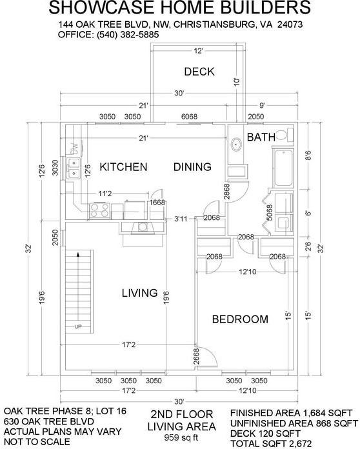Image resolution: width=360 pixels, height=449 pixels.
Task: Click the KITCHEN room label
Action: point(123,167)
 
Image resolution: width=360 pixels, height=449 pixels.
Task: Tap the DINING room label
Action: point(192,167)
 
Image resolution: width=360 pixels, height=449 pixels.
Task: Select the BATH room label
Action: point(261,137)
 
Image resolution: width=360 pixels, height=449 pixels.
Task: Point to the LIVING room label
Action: point(139,293)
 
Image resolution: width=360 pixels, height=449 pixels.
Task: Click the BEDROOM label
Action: point(240,319)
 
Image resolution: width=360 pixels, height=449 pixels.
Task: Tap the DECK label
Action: point(199,72)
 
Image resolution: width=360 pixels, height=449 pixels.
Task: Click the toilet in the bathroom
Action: point(288,135)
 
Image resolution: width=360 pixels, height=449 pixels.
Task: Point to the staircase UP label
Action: point(79,327)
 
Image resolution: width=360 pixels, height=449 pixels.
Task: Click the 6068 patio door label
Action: point(189,117)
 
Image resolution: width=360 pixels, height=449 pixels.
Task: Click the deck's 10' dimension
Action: point(237,82)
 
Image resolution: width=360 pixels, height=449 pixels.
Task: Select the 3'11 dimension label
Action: point(181,219)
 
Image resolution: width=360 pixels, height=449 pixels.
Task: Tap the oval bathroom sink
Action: point(236,144)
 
